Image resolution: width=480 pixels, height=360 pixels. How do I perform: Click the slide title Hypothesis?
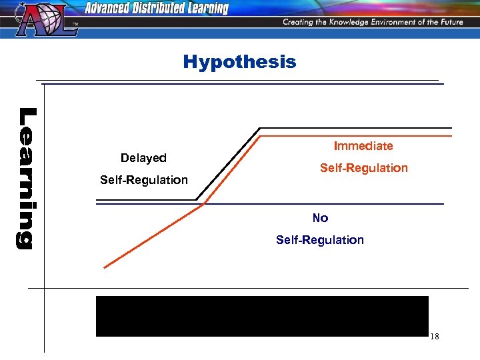pyautogui.click(x=239, y=62)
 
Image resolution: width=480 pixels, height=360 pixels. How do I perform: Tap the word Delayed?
pyautogui.click(x=143, y=158)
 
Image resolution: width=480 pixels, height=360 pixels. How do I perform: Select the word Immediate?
pyautogui.click(x=363, y=145)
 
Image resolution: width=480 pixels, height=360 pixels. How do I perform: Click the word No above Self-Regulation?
pyautogui.click(x=320, y=218)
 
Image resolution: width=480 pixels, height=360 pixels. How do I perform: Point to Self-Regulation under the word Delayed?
pyautogui.click(x=144, y=180)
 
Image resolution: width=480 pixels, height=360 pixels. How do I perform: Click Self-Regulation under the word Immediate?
pyautogui.click(x=363, y=168)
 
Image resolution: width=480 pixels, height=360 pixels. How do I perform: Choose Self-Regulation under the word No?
pyautogui.click(x=320, y=240)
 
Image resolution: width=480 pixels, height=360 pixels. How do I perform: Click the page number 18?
pyautogui.click(x=434, y=337)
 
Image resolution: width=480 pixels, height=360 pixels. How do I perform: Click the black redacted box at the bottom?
pyautogui.click(x=262, y=316)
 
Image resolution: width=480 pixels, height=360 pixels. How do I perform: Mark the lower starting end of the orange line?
pyautogui.click(x=105, y=267)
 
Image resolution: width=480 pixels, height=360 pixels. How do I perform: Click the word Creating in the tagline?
pyautogui.click(x=300, y=22)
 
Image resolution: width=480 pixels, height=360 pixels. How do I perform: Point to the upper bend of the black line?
pyautogui.click(x=260, y=127)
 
